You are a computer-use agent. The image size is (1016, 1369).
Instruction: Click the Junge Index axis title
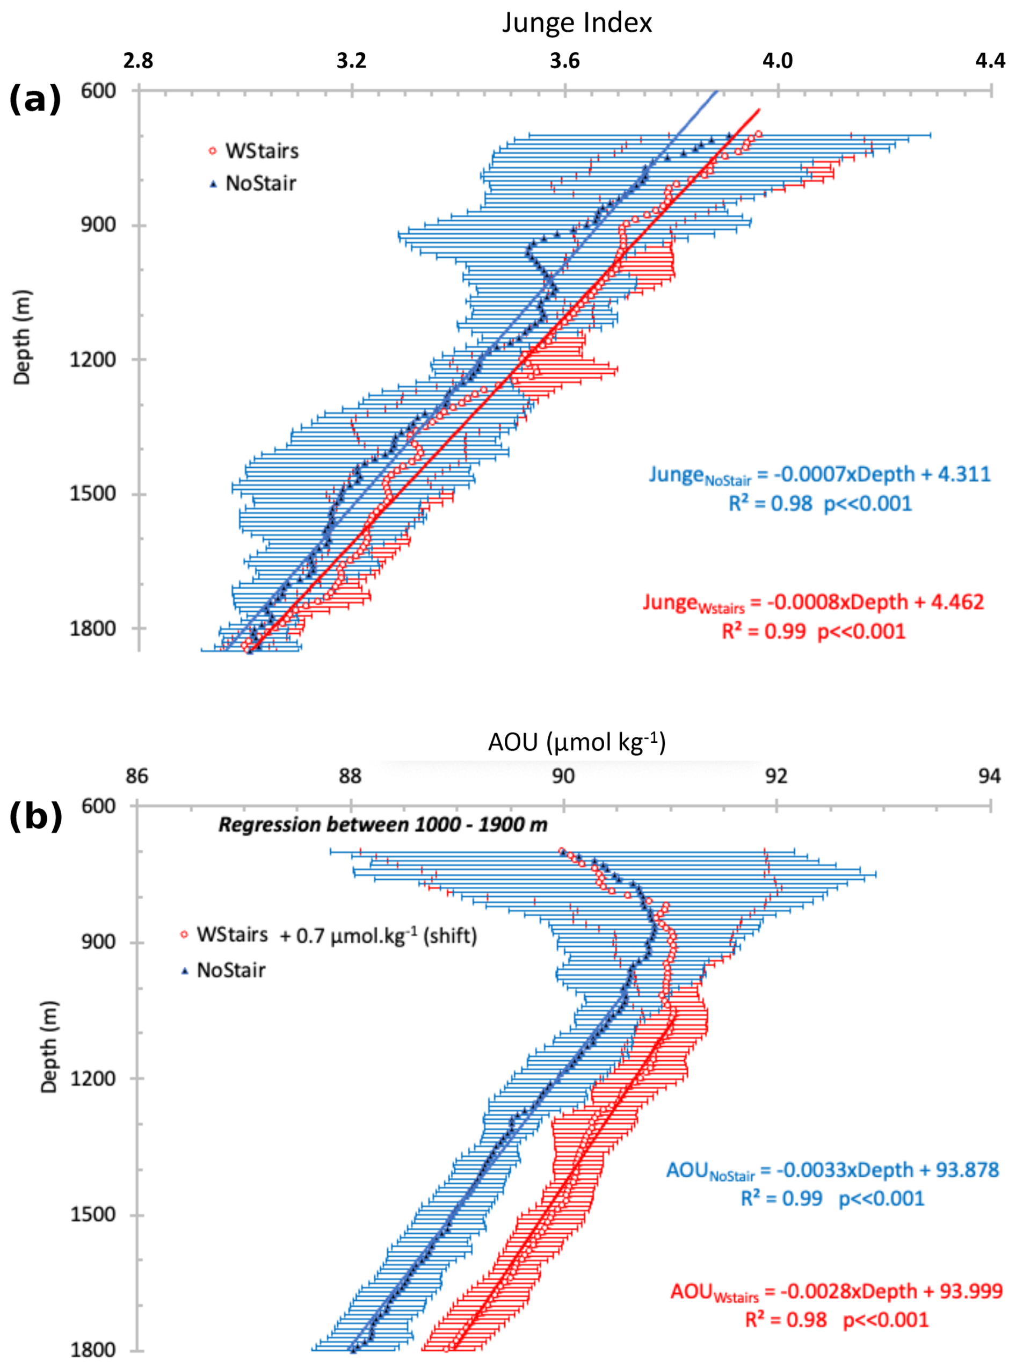coord(576,24)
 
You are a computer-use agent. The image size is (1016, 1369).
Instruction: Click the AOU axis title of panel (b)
coord(576,742)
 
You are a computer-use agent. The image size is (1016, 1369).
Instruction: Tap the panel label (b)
coord(35,815)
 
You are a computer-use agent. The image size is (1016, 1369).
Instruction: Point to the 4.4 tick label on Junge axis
coord(990,61)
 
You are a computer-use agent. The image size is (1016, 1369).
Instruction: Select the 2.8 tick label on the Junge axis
coord(138,61)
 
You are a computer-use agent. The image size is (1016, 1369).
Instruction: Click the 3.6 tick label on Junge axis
coord(564,61)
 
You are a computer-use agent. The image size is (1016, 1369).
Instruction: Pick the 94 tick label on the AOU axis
coord(989,777)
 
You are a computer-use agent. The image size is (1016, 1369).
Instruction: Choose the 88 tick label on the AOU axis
coord(350,777)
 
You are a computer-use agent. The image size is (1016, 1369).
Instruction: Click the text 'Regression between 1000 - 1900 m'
coord(382,824)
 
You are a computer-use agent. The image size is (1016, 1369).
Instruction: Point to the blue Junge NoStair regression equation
coord(820,475)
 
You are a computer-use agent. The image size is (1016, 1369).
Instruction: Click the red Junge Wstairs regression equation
coord(813,602)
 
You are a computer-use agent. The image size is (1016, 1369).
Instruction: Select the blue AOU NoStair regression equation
coord(833,1170)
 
